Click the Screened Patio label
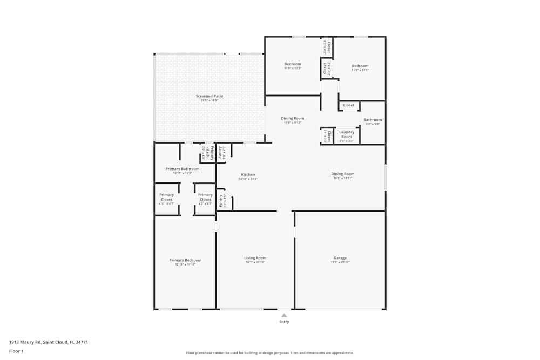pyautogui.click(x=209, y=96)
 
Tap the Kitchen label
pyautogui.click(x=248, y=174)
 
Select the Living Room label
pyautogui.click(x=255, y=258)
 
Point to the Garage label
pyautogui.click(x=340, y=258)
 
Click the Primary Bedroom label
pyautogui.click(x=185, y=260)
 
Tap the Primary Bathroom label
pyautogui.click(x=182, y=169)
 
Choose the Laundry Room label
pyautogui.click(x=346, y=134)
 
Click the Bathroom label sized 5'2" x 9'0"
pyautogui.click(x=372, y=120)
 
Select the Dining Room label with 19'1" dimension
pyautogui.click(x=343, y=174)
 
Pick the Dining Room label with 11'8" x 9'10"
pyautogui.click(x=293, y=118)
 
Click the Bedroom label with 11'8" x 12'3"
pyautogui.click(x=293, y=64)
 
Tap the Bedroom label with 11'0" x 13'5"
pyautogui.click(x=360, y=66)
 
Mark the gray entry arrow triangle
pyautogui.click(x=284, y=315)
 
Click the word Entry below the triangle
pyautogui.click(x=284, y=322)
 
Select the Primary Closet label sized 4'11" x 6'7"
pyautogui.click(x=167, y=197)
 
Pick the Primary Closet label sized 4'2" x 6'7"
pyautogui.click(x=205, y=197)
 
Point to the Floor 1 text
pyautogui.click(x=16, y=351)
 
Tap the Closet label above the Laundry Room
pyautogui.click(x=349, y=105)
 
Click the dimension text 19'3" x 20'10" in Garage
pyautogui.click(x=340, y=262)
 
